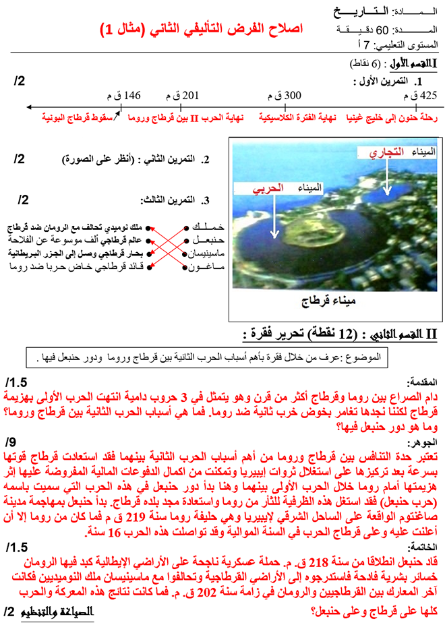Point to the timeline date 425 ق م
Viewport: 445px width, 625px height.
click(419, 95)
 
